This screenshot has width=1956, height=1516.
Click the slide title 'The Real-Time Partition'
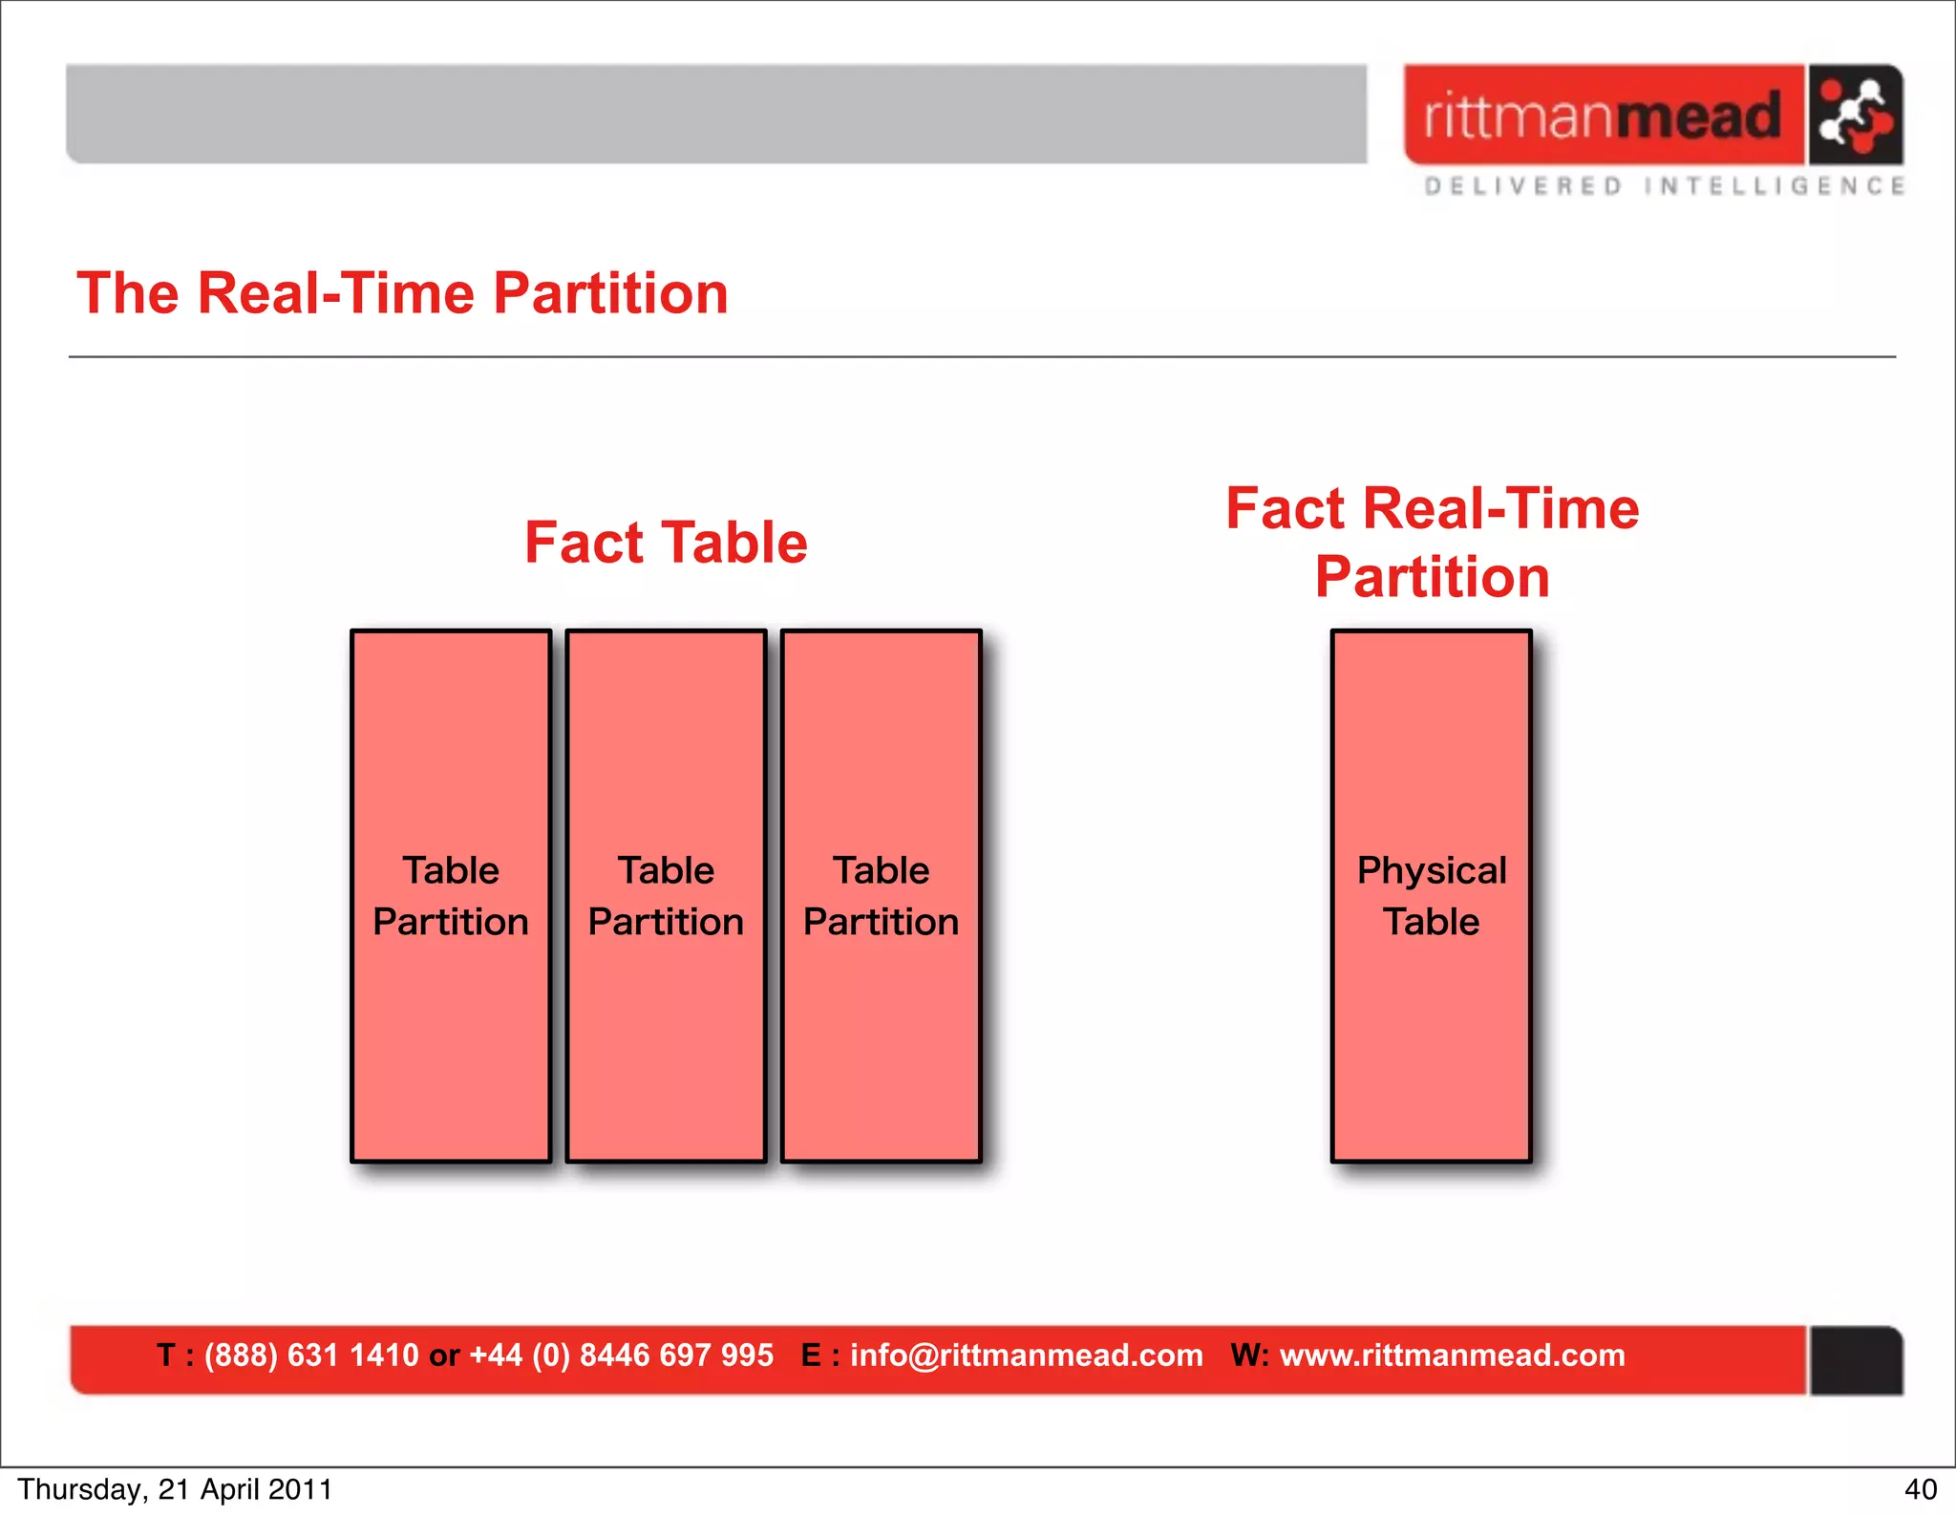click(x=402, y=293)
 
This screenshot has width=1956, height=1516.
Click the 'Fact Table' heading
click(x=666, y=543)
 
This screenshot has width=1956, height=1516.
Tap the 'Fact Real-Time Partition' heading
click(x=1432, y=543)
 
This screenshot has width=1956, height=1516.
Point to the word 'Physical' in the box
click(x=1431, y=870)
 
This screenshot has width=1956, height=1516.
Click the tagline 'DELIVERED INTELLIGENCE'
click(x=1664, y=186)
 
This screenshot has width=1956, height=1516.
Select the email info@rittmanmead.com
click(x=1026, y=1356)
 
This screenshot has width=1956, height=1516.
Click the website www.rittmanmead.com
click(x=1452, y=1356)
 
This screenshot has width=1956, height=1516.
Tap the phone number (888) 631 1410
click(x=311, y=1356)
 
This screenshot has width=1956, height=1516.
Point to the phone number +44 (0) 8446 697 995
click(x=621, y=1356)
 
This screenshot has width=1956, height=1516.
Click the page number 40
click(x=1920, y=1489)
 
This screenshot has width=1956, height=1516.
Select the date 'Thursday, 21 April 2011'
click(x=175, y=1489)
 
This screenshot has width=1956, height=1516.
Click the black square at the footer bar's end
click(x=1855, y=1360)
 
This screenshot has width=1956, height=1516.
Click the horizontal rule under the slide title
click(x=982, y=357)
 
